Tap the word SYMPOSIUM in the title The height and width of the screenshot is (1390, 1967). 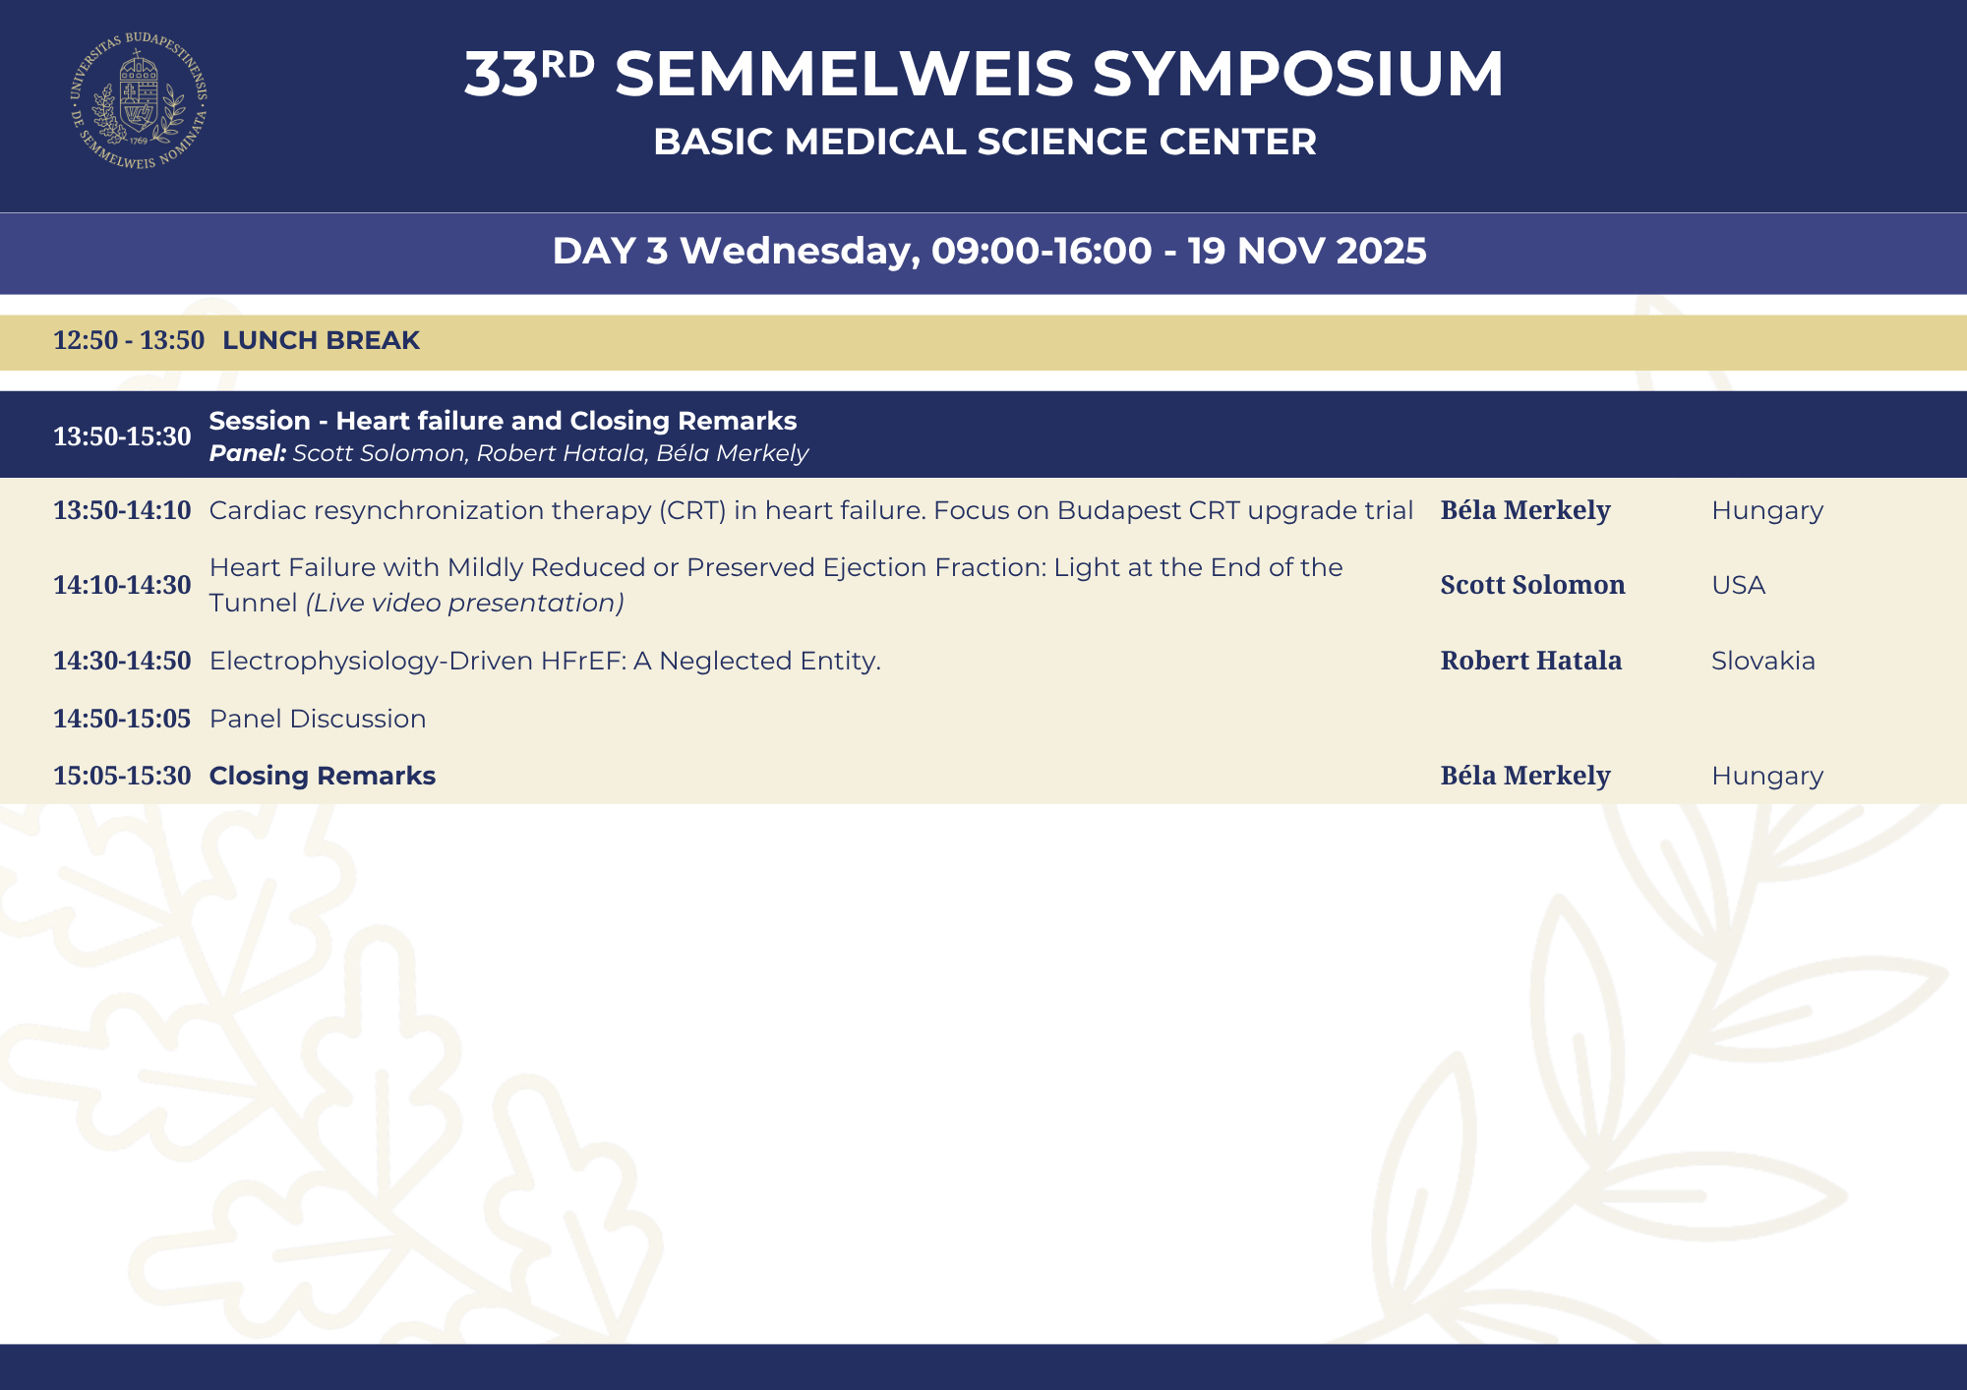pos(1298,74)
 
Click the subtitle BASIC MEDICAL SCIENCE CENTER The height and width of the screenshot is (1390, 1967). pos(984,142)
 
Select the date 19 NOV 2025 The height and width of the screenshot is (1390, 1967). pos(1307,251)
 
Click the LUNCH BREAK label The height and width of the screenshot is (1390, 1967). pos(321,340)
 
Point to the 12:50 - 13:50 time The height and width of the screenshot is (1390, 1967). pos(129,340)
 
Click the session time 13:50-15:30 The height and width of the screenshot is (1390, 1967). pos(122,436)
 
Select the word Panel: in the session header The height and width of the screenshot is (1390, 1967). pos(248,453)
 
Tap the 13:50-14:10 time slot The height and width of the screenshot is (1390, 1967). pos(122,510)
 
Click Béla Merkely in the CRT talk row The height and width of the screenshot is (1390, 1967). pos(1525,510)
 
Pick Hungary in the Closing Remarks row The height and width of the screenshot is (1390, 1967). pos(1767,777)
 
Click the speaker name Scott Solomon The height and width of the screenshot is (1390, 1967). pos(1532,585)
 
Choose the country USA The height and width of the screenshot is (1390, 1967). pos(1739,585)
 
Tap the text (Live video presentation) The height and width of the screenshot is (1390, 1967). pos(465,603)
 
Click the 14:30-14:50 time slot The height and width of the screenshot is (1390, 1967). pos(122,661)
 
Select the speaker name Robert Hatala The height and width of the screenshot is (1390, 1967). pos(1531,661)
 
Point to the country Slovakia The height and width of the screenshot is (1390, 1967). pos(1763,661)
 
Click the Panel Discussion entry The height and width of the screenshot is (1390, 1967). pos(318,719)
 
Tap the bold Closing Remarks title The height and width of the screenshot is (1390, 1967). pos(323,776)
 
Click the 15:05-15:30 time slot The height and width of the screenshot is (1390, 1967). pos(122,776)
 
